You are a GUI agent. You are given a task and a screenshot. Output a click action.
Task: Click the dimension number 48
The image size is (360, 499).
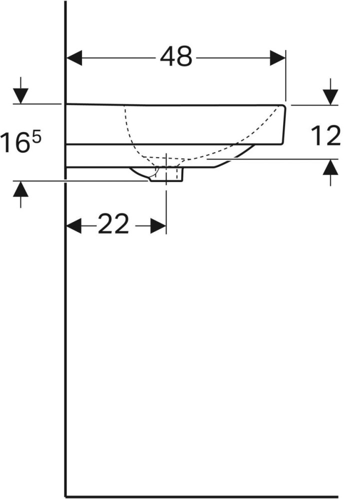pyautogui.click(x=176, y=57)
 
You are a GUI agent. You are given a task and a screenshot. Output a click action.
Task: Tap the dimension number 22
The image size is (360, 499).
pyautogui.click(x=113, y=224)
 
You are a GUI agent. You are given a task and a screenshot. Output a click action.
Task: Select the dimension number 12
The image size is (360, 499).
pyautogui.click(x=326, y=136)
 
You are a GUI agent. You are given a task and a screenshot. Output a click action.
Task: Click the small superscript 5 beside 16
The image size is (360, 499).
pyautogui.click(x=36, y=138)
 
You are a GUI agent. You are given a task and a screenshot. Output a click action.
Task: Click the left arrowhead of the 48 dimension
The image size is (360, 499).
pyautogui.click(x=74, y=58)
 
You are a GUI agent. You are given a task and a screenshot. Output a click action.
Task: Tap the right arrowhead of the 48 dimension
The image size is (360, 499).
pyautogui.click(x=278, y=58)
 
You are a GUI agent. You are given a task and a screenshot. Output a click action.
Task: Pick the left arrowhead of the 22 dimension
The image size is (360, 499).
pyautogui.click(x=74, y=226)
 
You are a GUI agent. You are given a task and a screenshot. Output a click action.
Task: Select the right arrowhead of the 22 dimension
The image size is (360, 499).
pyautogui.click(x=158, y=226)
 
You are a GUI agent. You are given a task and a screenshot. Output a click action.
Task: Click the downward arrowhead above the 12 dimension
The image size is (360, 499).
pyautogui.click(x=331, y=97)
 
